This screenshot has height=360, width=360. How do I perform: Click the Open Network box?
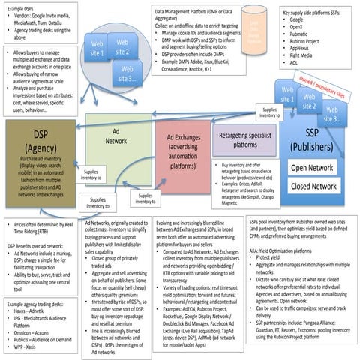tap(313, 167)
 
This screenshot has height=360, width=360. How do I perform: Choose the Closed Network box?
tap(313, 186)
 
